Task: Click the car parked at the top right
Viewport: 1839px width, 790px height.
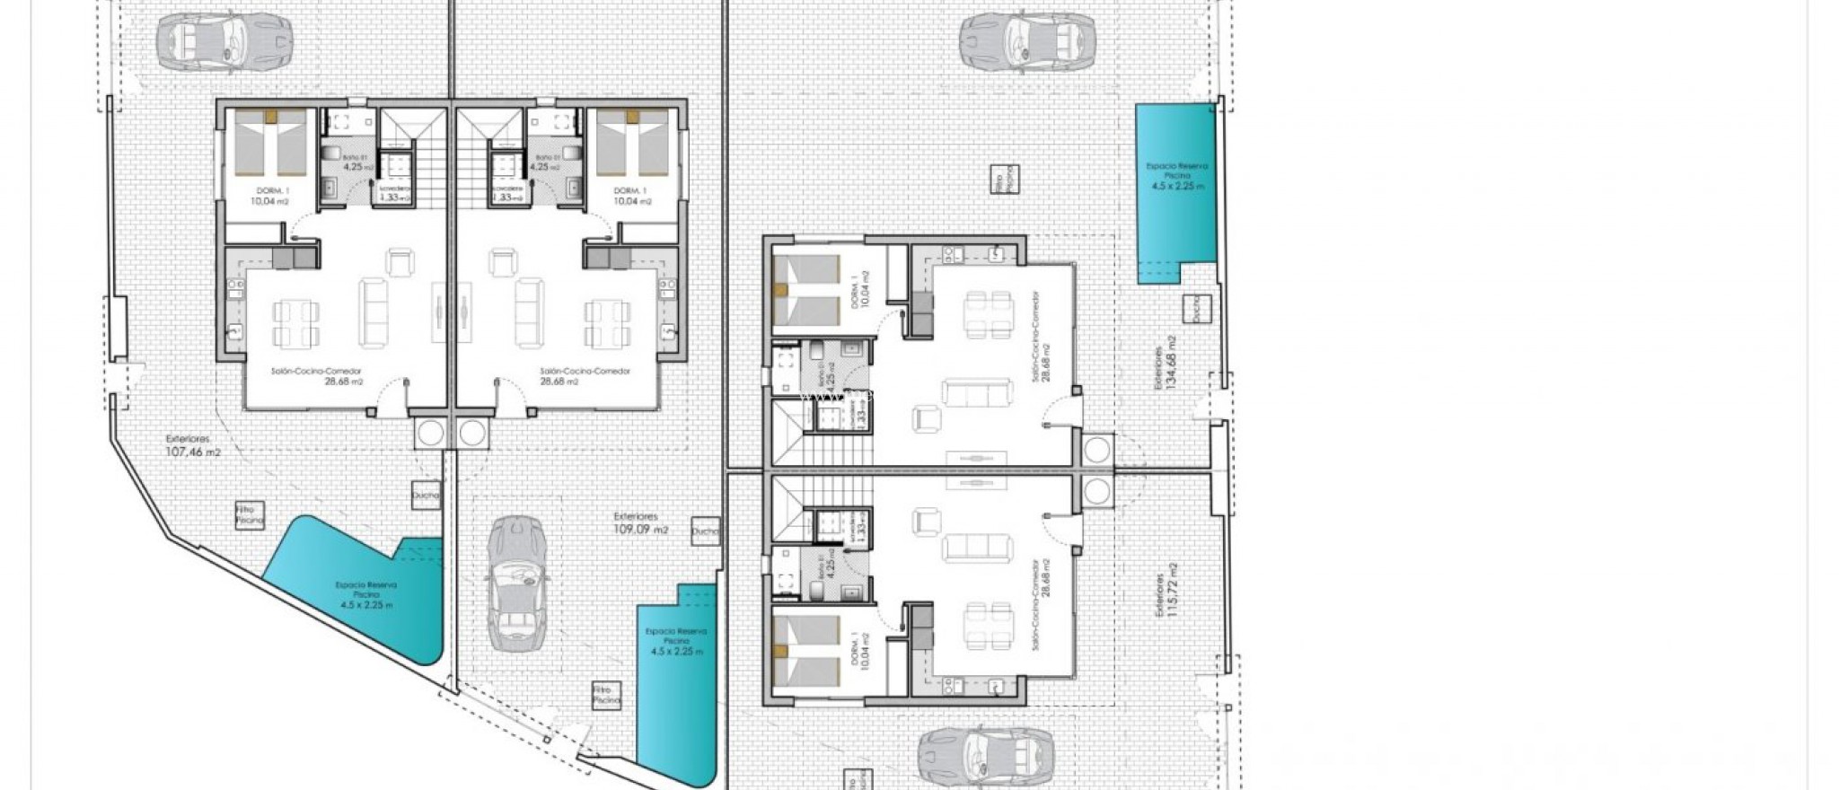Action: coord(1027,41)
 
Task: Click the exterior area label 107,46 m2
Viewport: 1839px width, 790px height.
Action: coord(192,447)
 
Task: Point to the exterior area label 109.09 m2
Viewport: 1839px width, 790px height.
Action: coord(640,523)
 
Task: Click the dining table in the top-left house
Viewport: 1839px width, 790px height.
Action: coord(293,324)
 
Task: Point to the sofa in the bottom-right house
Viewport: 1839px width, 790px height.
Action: coord(977,547)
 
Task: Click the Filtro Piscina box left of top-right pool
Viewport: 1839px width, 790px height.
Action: coord(1004,180)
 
